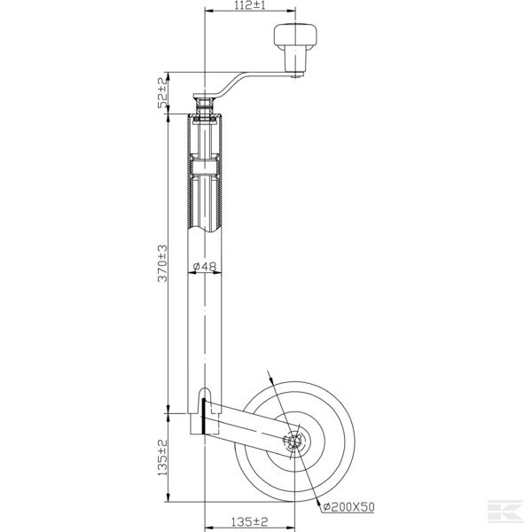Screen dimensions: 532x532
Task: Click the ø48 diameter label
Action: pyautogui.click(x=205, y=267)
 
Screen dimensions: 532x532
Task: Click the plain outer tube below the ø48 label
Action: pyautogui.click(x=205, y=328)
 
